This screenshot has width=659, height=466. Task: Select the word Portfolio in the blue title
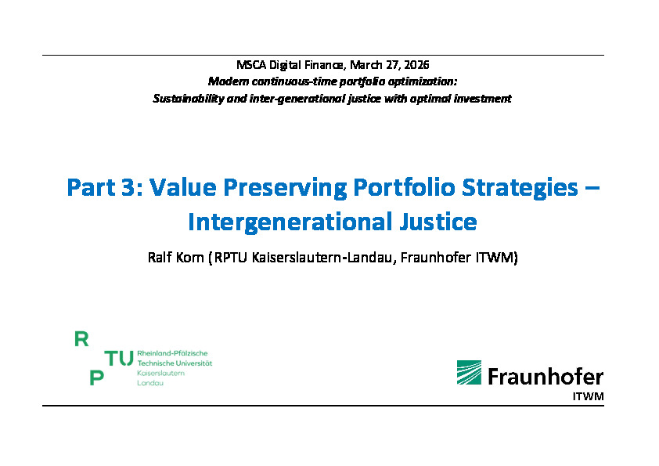(404, 187)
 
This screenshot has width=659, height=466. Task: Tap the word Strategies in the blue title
(520, 188)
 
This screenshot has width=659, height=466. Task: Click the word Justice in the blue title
(438, 222)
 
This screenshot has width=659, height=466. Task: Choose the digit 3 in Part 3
(128, 187)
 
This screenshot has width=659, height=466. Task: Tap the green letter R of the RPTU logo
(81, 339)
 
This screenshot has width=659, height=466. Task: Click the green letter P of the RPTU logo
(96, 377)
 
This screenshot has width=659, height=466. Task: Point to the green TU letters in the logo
(119, 358)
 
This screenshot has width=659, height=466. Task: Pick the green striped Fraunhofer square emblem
(469, 372)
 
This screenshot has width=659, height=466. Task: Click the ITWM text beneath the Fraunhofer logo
(588, 396)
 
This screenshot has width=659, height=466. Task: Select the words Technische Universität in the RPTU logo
(175, 363)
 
